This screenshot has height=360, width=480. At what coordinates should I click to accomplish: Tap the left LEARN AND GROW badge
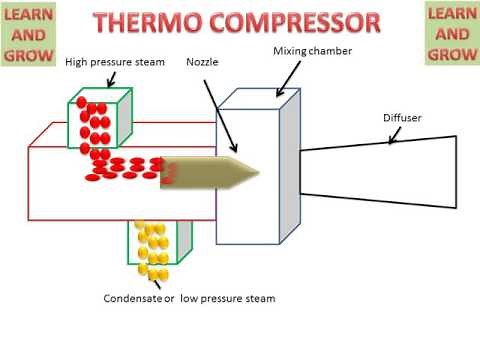click(29, 34)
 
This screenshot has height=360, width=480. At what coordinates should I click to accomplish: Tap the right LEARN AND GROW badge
click(451, 34)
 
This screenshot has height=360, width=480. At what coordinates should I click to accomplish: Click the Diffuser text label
click(402, 118)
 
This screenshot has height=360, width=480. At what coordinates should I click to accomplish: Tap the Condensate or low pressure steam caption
click(189, 298)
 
